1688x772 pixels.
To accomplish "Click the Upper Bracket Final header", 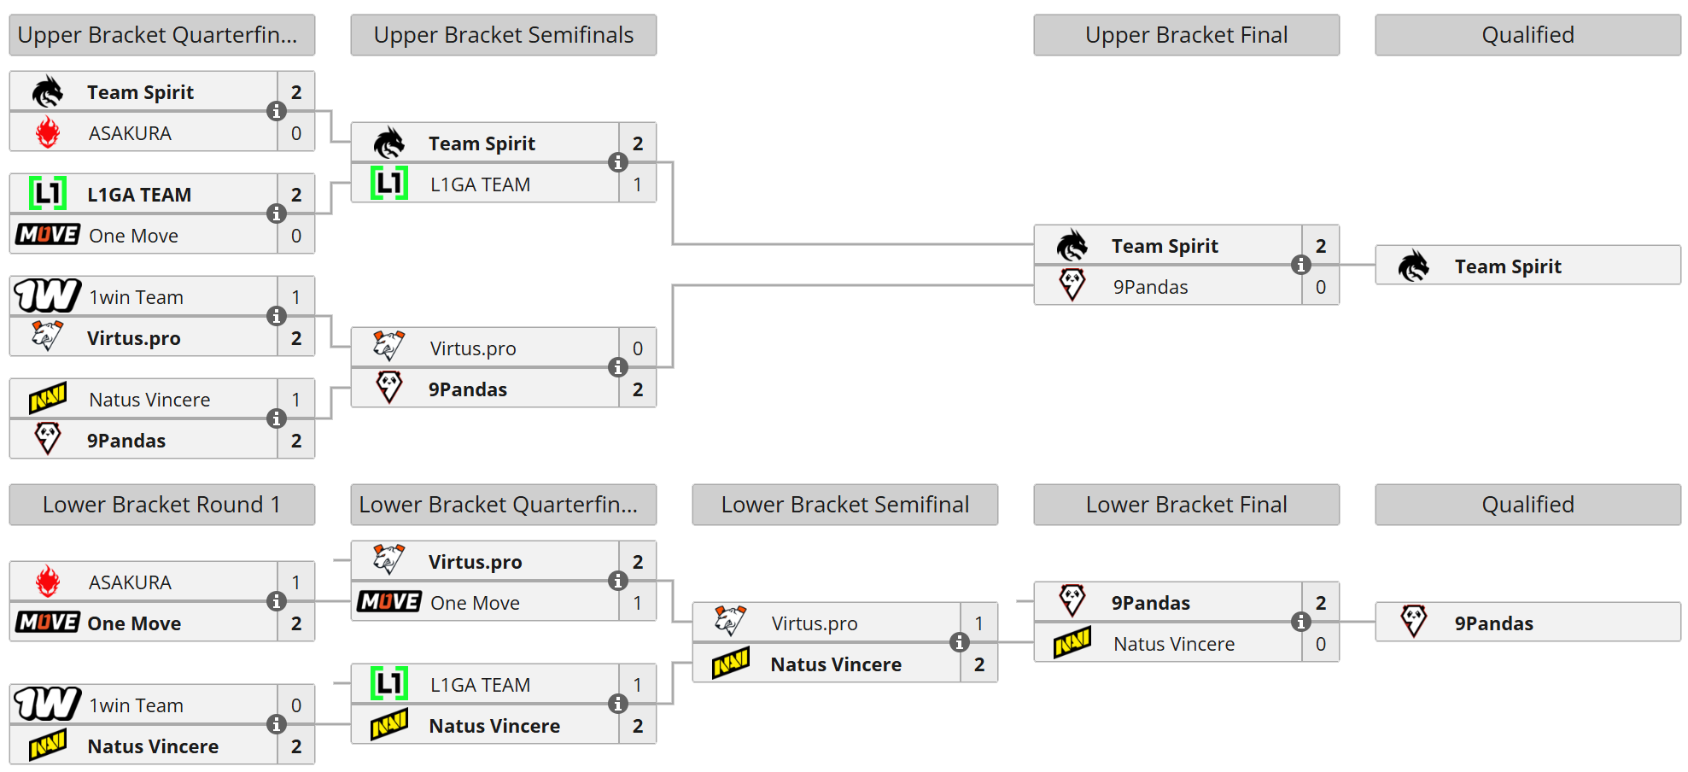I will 1186,35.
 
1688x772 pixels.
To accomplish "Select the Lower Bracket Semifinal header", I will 844,505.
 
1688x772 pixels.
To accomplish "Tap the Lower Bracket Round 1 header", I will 161,505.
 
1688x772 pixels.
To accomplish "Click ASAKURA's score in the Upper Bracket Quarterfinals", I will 296,133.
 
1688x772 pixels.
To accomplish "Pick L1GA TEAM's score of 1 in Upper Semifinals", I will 638,184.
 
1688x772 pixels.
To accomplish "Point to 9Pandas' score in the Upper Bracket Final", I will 1321,287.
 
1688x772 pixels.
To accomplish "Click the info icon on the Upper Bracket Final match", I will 1300,265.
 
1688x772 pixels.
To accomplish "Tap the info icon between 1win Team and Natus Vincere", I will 276,724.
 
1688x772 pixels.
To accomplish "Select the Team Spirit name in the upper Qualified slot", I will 1508,266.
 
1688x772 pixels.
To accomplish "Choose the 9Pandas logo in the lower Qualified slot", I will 1414,622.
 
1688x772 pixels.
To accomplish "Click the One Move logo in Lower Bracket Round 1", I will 48,623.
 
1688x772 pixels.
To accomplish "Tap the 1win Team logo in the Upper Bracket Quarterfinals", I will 48,295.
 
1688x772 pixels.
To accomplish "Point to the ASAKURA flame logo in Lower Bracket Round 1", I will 48,582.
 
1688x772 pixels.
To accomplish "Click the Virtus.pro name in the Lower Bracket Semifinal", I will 815,623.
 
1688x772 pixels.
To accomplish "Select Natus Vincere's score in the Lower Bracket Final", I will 1321,644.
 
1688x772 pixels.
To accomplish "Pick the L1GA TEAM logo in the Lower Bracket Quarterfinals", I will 389,684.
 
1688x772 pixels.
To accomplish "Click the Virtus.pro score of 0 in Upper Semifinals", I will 638,348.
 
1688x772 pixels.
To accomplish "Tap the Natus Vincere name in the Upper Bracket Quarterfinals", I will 149,400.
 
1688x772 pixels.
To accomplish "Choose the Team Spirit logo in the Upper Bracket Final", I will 1072,246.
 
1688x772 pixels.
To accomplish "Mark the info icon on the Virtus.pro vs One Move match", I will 617,581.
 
